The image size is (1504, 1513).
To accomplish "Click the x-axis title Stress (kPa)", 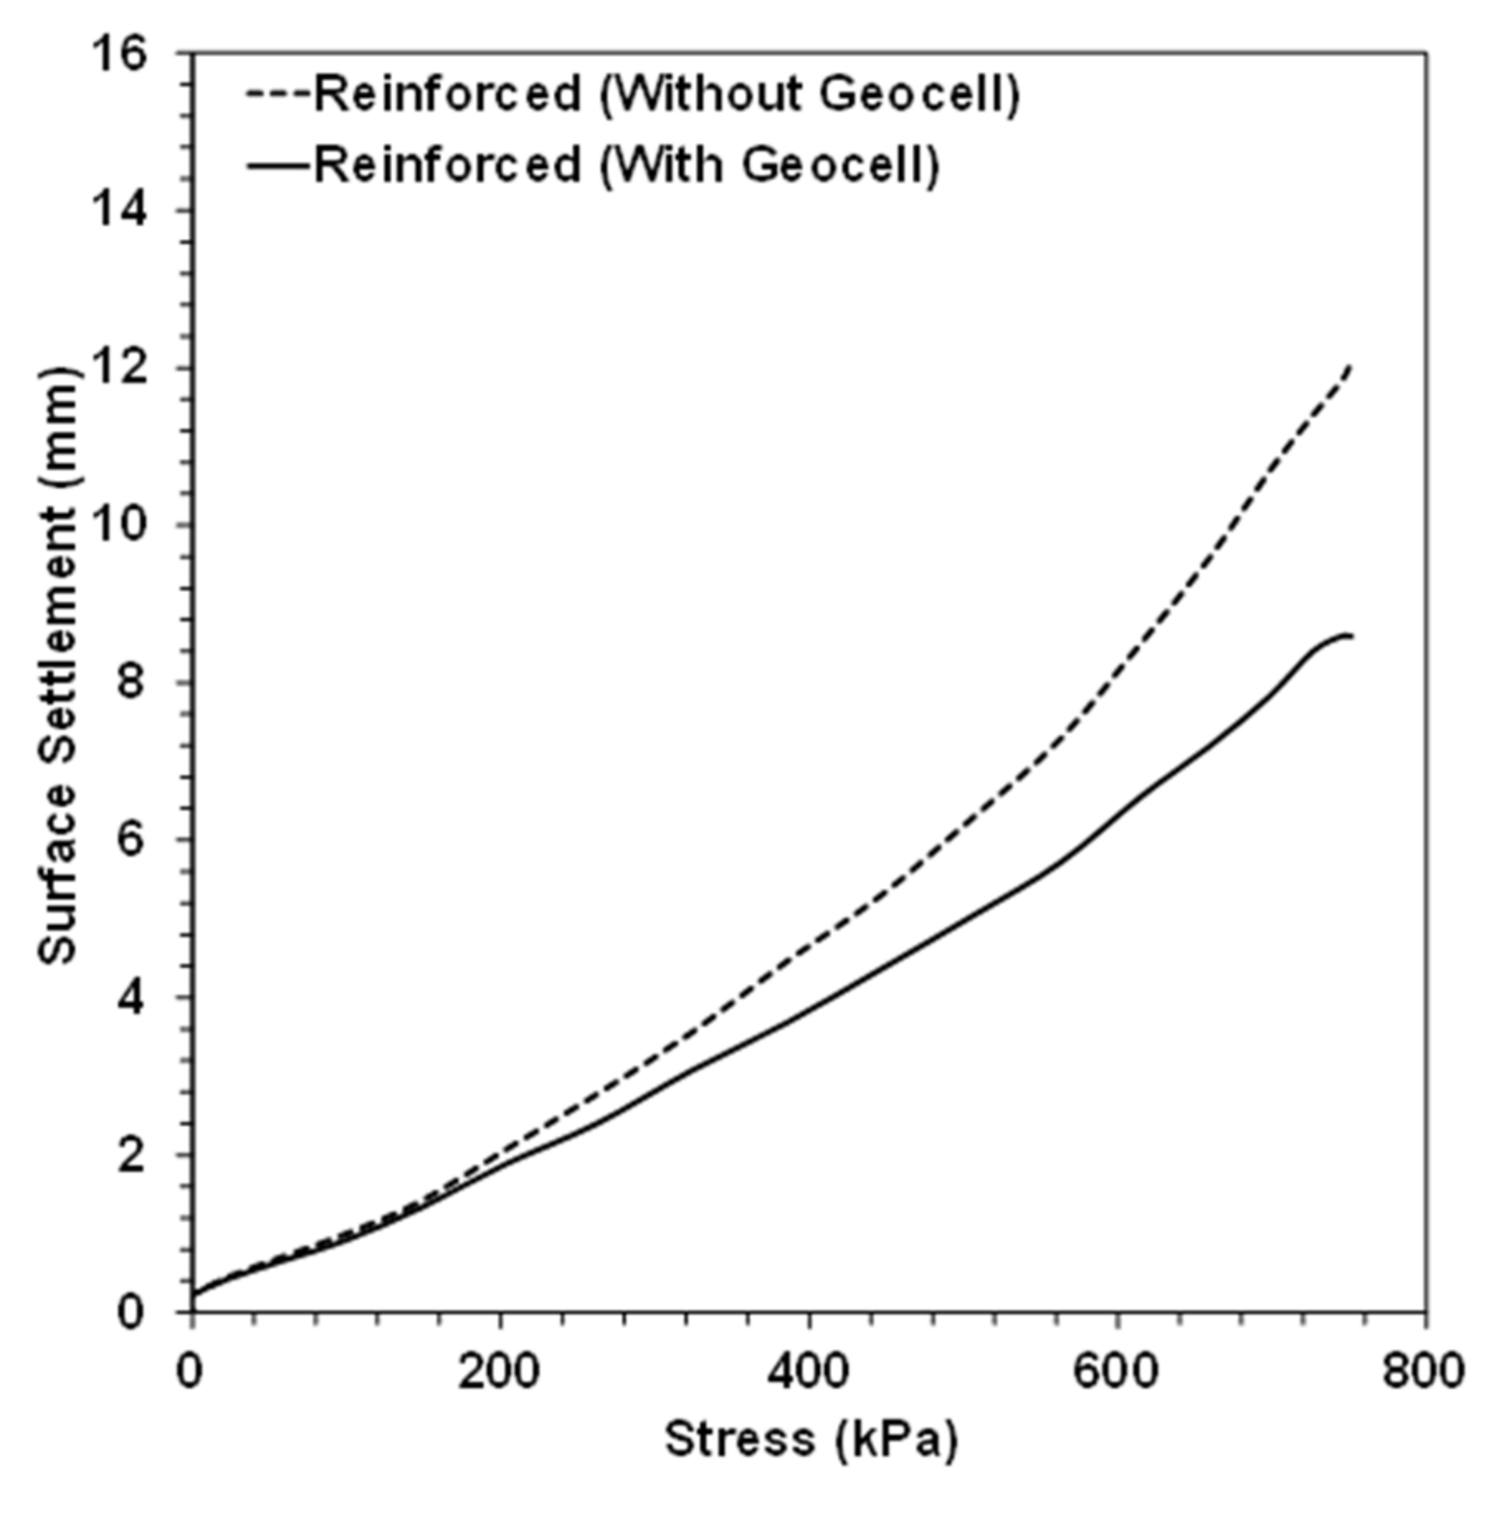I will [x=811, y=1439].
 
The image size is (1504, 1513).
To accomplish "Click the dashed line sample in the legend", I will [x=279, y=94].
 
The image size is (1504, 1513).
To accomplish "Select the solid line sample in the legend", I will [x=279, y=165].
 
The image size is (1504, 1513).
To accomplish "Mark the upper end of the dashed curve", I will [x=1349, y=366].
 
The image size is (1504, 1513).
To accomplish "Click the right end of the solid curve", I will [x=1350, y=635].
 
